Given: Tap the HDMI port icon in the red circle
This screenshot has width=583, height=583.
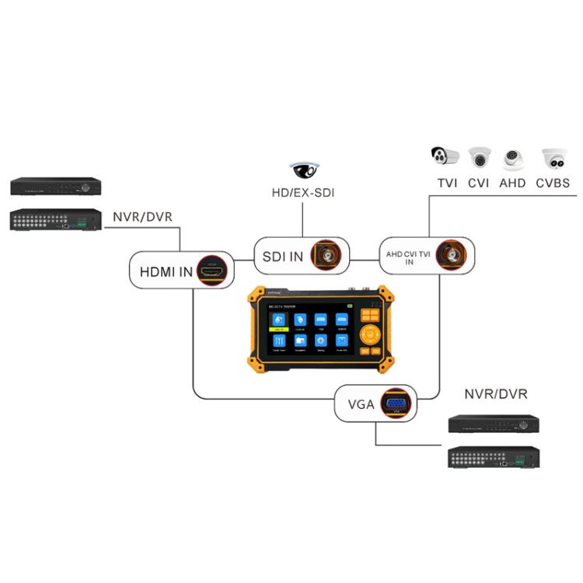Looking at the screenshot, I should coord(214,271).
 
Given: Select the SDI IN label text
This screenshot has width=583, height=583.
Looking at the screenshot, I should coord(281,257).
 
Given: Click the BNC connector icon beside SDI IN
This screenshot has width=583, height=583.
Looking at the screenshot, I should coord(326,255).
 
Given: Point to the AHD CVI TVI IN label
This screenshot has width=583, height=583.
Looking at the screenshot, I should coord(409,257).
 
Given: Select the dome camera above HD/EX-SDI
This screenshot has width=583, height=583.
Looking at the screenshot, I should coord(304,169).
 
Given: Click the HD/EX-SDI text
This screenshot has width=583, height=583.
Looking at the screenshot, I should coord(304,193).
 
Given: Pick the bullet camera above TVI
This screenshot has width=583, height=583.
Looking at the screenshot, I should coord(445,156).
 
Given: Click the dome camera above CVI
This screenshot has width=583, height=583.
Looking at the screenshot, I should coord(480,158).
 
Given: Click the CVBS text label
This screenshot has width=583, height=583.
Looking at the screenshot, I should coord(553,184).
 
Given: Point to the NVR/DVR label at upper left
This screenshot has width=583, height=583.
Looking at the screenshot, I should coord(142,216).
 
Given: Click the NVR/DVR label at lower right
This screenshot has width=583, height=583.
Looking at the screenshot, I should coord(495,394).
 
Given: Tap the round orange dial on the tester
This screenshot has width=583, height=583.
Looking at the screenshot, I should coord(370,335).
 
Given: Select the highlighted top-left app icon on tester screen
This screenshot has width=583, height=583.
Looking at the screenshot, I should coord(278,320).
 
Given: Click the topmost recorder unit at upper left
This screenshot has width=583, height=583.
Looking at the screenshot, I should coord(56,187).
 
